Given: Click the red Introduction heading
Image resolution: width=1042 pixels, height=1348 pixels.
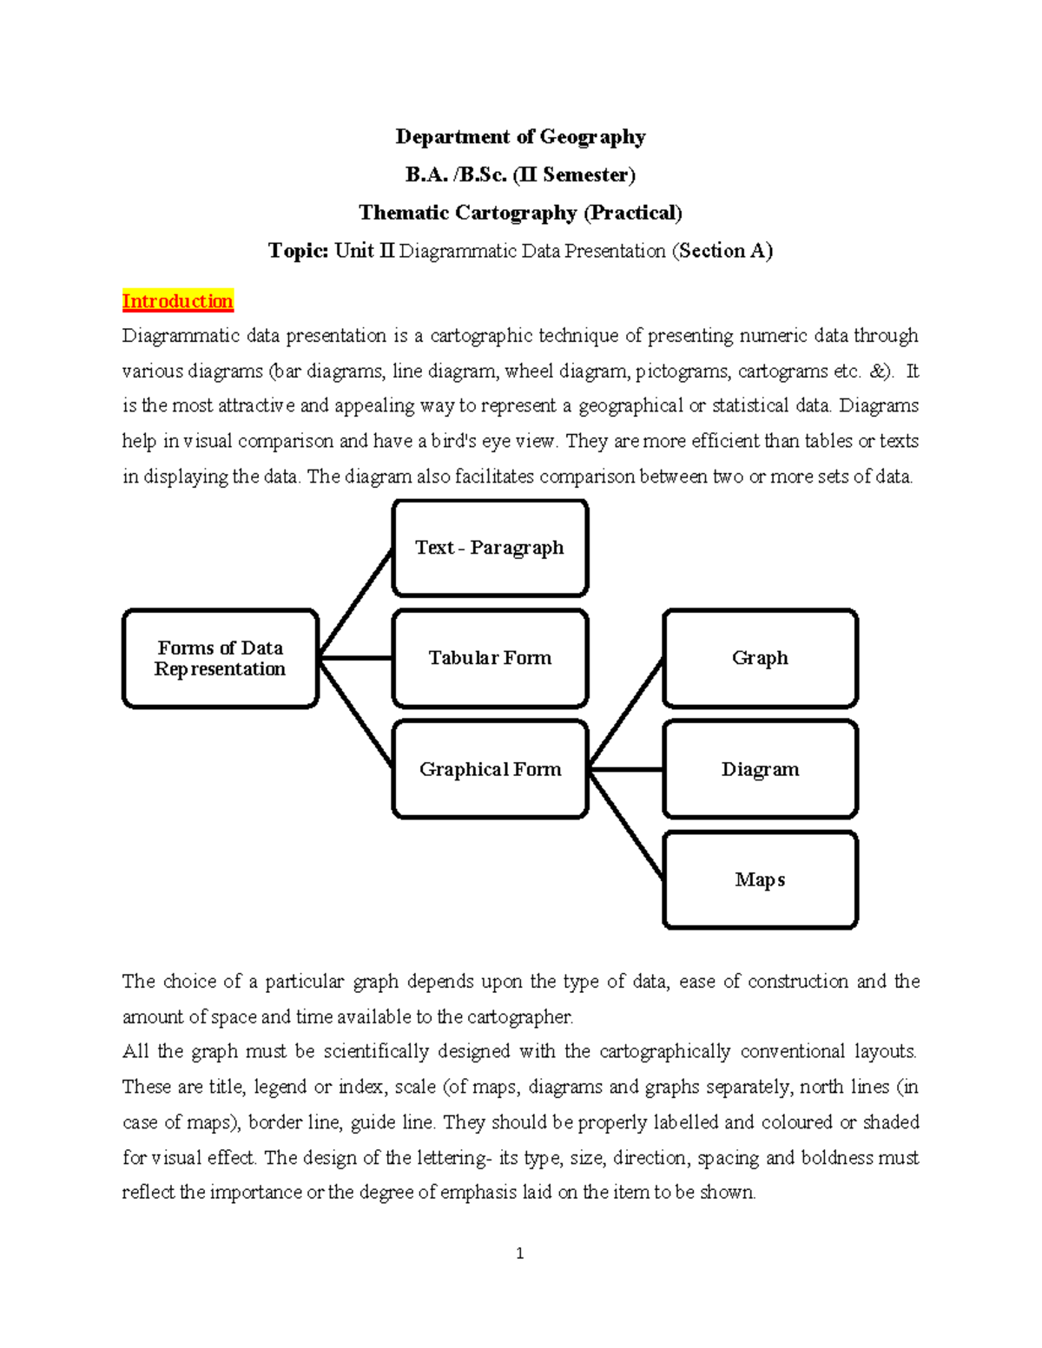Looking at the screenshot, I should tap(177, 301).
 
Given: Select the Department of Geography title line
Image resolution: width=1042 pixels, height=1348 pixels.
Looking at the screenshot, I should tap(520, 137).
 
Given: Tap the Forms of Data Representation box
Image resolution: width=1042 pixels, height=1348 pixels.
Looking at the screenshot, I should tap(221, 659).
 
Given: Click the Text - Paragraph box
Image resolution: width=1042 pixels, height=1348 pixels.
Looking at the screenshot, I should tap(490, 548).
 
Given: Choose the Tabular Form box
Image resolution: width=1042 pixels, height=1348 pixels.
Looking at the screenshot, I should tap(490, 658).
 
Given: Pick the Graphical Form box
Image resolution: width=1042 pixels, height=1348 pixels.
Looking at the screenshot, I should tap(490, 769).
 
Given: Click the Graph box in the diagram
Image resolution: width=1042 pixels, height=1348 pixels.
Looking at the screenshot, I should tap(760, 658).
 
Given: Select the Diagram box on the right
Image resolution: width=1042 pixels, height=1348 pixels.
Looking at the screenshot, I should tap(760, 769).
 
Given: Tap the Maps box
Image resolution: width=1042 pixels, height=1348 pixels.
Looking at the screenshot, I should tap(760, 880).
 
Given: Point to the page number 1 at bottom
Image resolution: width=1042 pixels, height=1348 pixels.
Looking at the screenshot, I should tap(519, 1253).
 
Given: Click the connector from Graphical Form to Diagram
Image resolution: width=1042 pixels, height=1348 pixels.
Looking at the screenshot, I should tap(625, 769).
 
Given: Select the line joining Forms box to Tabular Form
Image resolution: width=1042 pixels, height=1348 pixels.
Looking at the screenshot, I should tap(356, 658).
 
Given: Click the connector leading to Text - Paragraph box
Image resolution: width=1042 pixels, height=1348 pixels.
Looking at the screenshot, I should tap(356, 603).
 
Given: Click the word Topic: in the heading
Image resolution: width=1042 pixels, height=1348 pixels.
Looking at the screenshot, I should tap(298, 251).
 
